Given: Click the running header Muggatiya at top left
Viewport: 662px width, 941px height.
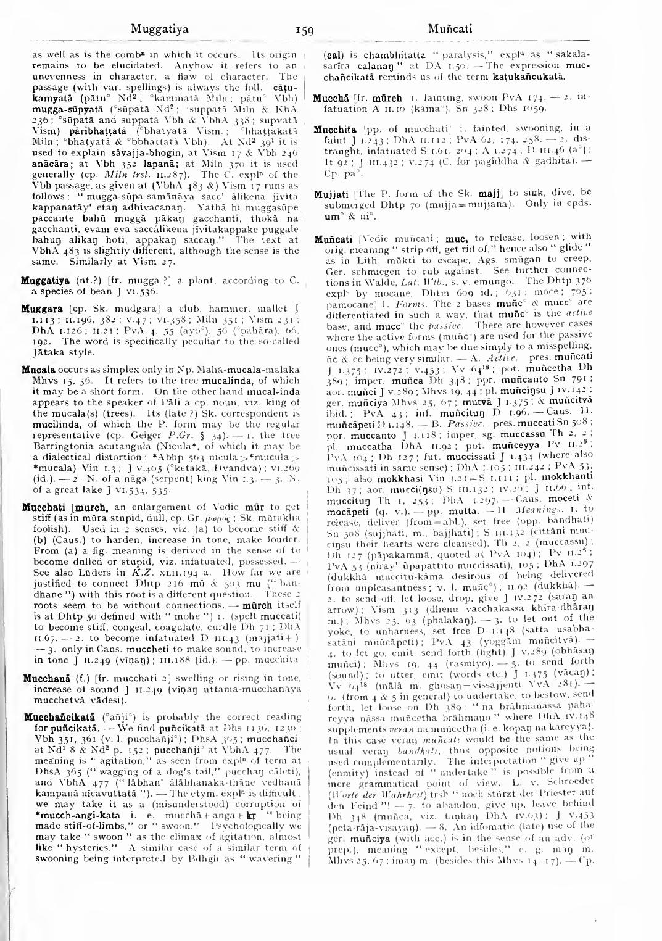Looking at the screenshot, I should pyautogui.click(x=160, y=28).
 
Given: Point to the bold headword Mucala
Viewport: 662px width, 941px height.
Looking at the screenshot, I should pyautogui.click(x=39, y=370).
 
